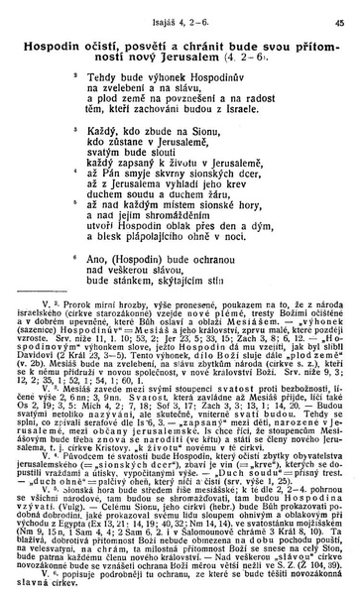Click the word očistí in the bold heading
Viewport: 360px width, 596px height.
click(x=116, y=45)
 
